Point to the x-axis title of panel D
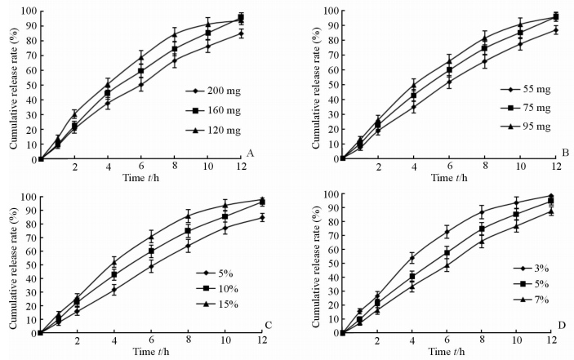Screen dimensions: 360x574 [x=447, y=353]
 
